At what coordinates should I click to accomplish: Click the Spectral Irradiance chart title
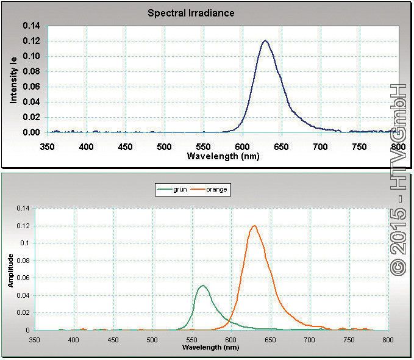click(x=191, y=13)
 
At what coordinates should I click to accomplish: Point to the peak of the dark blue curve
click(x=265, y=41)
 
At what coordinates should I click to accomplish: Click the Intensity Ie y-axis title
click(x=13, y=79)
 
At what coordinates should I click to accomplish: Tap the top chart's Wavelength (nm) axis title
click(x=224, y=156)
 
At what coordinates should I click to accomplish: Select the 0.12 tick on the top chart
click(x=31, y=41)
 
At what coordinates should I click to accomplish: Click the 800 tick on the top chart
click(x=398, y=146)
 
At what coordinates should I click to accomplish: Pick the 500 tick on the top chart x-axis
click(x=164, y=146)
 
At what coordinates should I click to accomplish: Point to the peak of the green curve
click(x=203, y=286)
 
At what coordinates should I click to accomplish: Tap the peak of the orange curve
click(x=254, y=226)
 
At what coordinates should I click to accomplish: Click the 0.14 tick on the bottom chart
click(x=24, y=208)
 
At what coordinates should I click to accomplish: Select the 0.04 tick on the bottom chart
click(x=24, y=295)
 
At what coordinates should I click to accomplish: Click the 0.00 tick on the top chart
click(x=31, y=132)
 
